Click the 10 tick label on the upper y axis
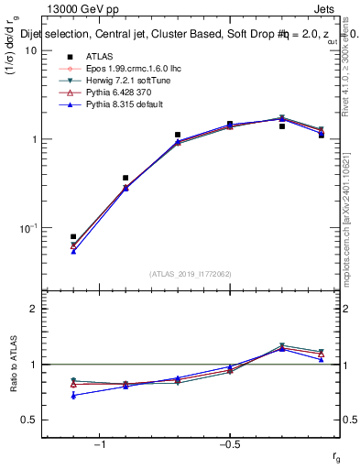(x=30, y=50)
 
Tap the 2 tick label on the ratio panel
(x=33, y=309)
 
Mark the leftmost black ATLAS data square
(x=73, y=236)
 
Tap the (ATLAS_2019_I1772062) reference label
(x=191, y=273)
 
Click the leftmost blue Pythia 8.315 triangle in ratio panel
(x=73, y=396)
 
